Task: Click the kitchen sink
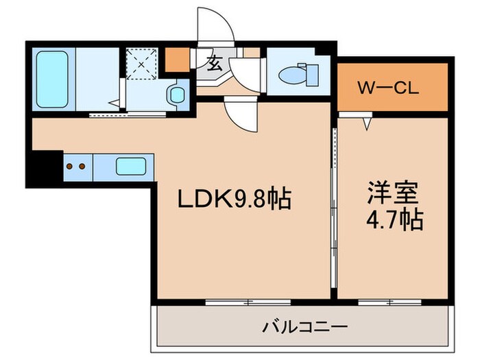(130, 167)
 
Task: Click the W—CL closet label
(391, 89)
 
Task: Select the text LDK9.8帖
(235, 200)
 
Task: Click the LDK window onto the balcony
(248, 302)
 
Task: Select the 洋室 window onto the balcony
(389, 302)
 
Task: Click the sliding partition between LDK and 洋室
(334, 206)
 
